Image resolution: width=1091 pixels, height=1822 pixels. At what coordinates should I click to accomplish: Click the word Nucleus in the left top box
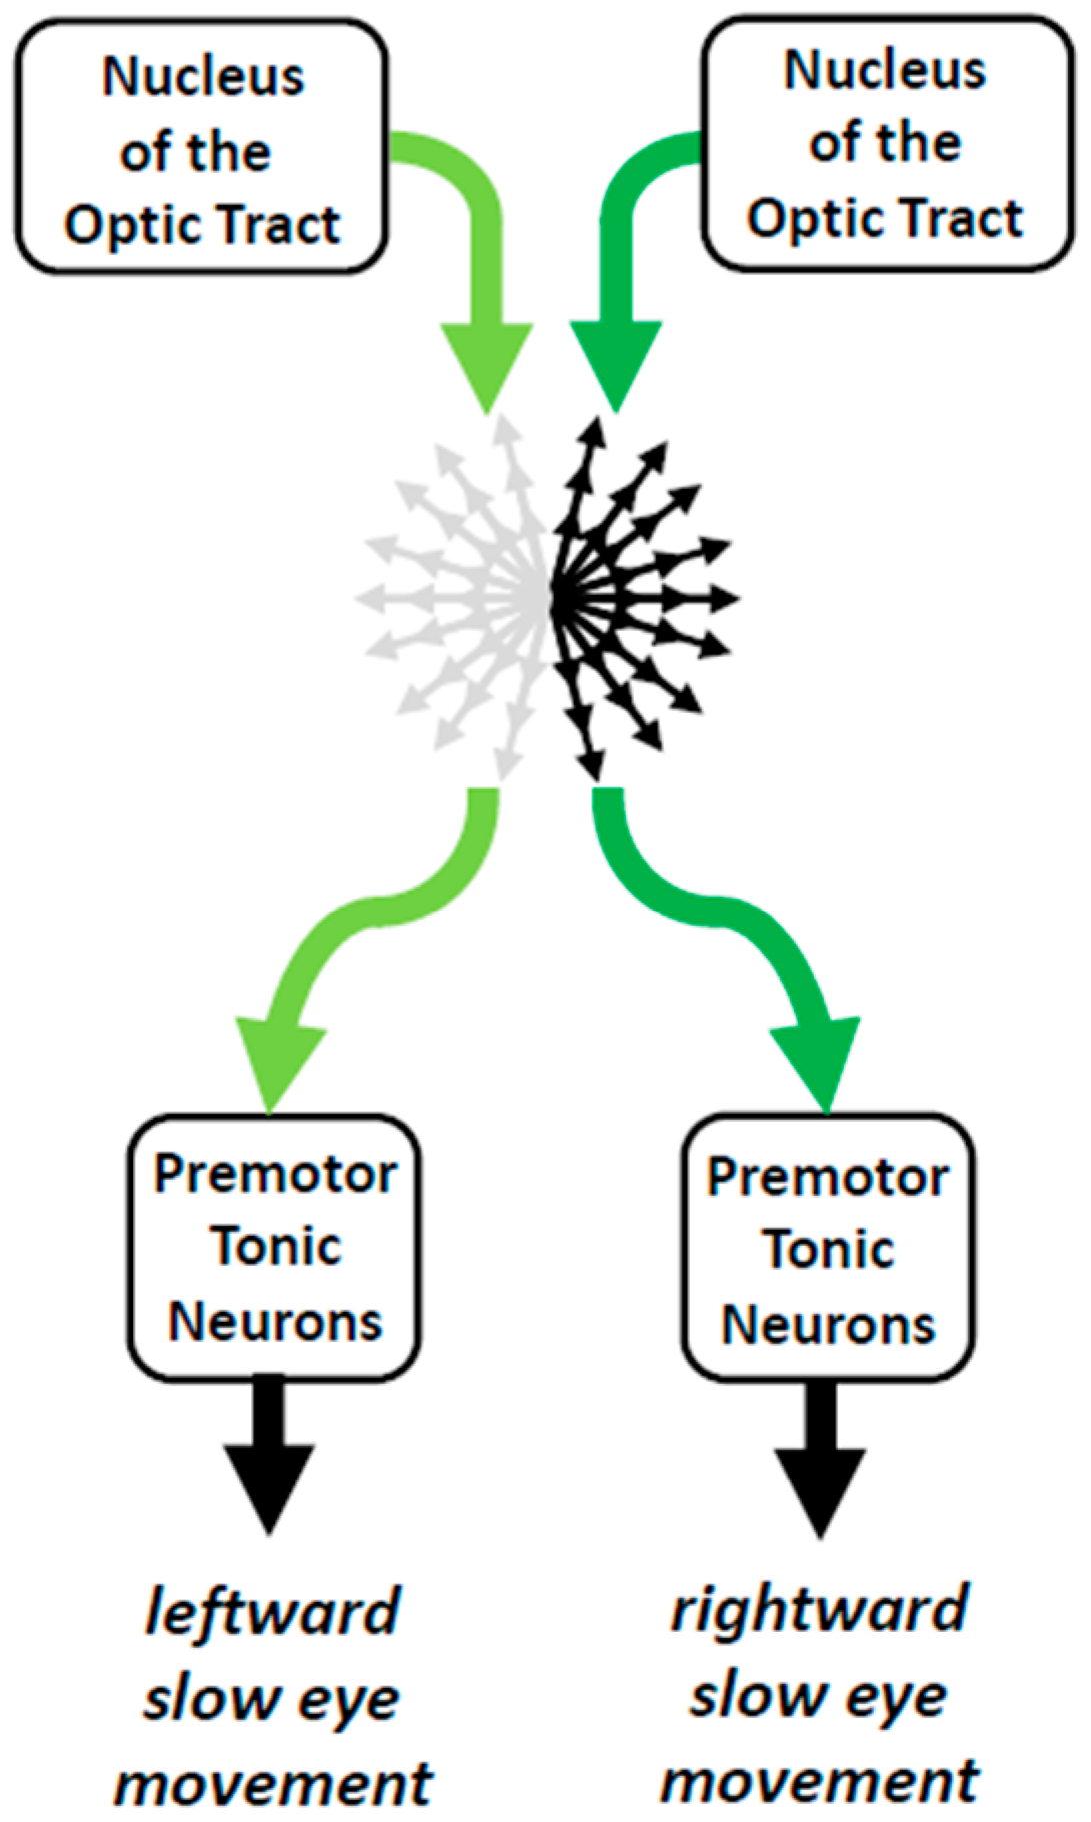pyautogui.click(x=203, y=77)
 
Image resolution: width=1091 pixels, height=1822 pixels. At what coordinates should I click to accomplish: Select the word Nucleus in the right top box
pyautogui.click(x=885, y=71)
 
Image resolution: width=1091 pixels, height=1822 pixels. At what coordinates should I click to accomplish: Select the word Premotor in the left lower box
pyautogui.click(x=275, y=1174)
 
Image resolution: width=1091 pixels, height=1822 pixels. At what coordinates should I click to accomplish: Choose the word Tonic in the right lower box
pyautogui.click(x=829, y=1250)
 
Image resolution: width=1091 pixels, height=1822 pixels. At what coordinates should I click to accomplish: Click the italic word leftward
pyautogui.click(x=272, y=1613)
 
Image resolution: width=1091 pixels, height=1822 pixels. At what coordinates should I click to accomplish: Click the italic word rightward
pyautogui.click(x=819, y=1610)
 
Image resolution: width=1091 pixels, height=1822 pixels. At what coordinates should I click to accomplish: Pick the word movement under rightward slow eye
pyautogui.click(x=819, y=1781)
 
